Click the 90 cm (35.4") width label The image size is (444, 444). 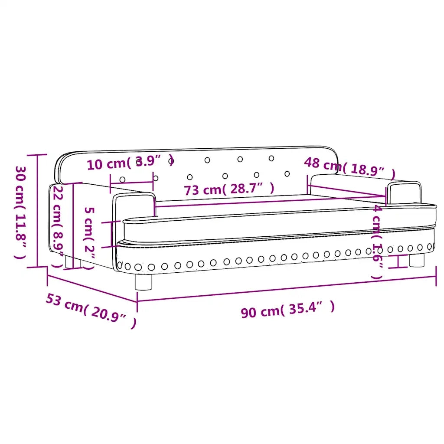pyautogui.click(x=288, y=310)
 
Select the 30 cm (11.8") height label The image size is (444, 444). pyautogui.click(x=20, y=212)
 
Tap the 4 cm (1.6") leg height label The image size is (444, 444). pyautogui.click(x=377, y=242)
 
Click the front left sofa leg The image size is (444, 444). pyautogui.click(x=143, y=282)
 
